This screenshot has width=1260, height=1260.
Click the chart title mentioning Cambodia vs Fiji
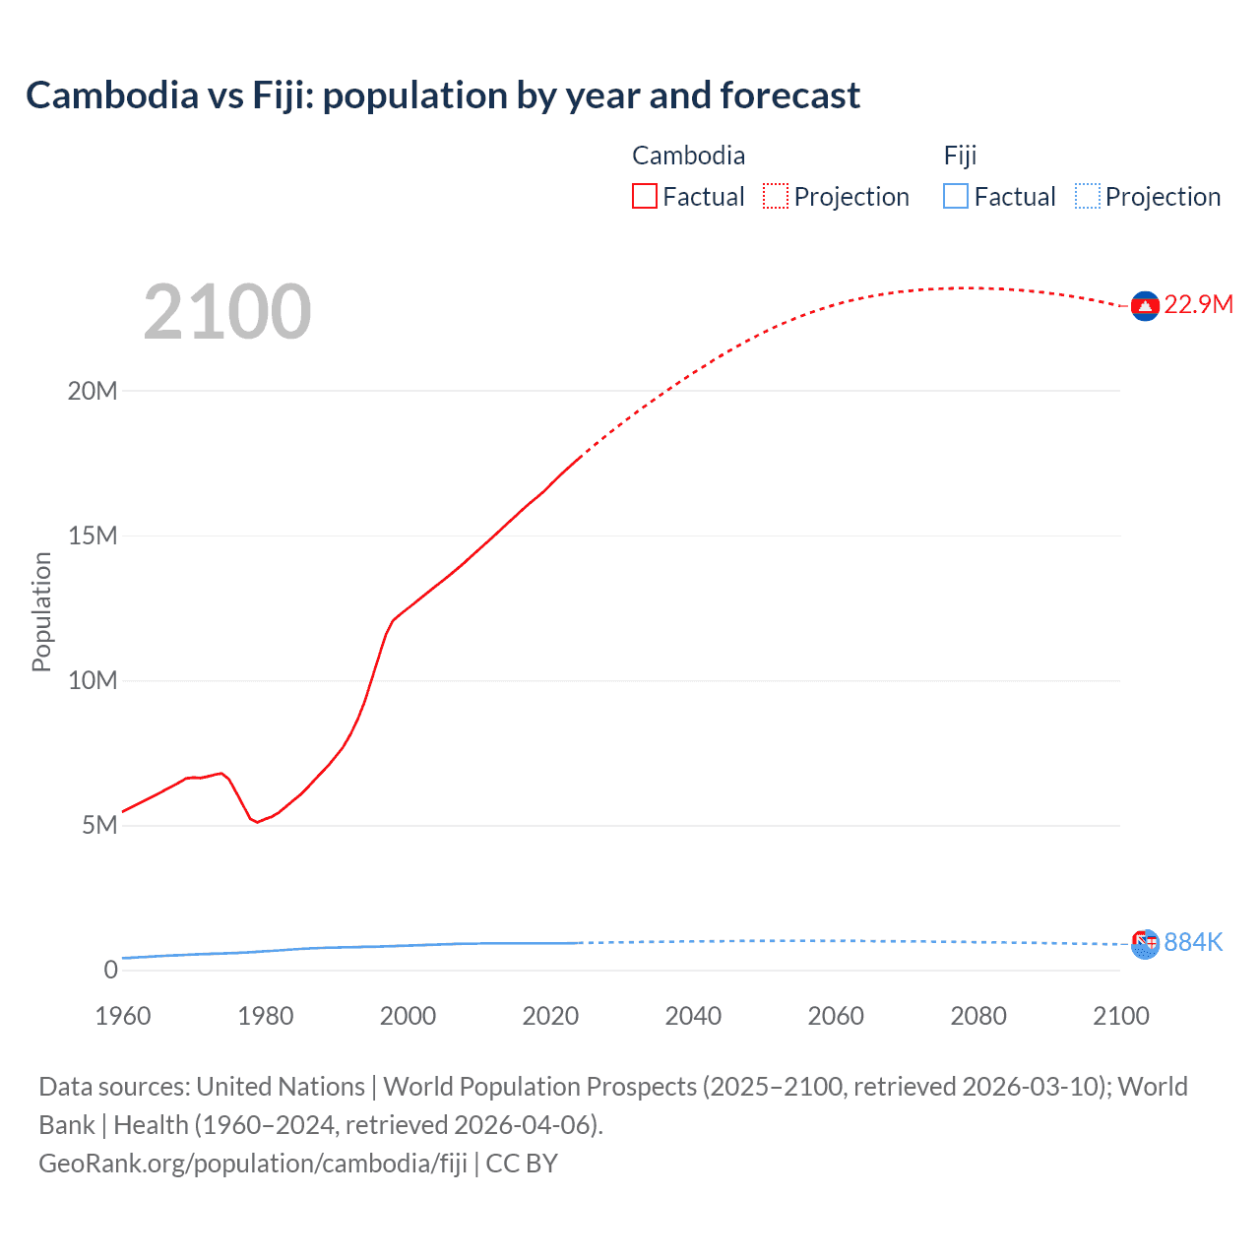click(x=443, y=95)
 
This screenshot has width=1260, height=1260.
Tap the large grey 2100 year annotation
click(x=227, y=312)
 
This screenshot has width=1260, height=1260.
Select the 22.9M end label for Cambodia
click(x=1198, y=304)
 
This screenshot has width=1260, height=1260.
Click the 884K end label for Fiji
click(x=1193, y=942)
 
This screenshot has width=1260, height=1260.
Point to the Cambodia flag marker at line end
click(x=1145, y=307)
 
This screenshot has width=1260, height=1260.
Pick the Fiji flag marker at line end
click(x=1145, y=945)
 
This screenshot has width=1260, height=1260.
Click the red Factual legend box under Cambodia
click(x=645, y=196)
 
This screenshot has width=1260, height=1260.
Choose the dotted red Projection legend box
click(x=776, y=196)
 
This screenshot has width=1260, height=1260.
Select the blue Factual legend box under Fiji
click(x=956, y=196)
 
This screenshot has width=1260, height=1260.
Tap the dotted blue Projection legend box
click(x=1087, y=196)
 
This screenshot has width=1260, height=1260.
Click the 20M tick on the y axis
click(x=93, y=391)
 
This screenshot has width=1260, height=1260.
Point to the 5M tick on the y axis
click(x=99, y=825)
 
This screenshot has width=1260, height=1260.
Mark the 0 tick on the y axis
click(x=110, y=970)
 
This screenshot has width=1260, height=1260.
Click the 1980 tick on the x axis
click(x=266, y=1016)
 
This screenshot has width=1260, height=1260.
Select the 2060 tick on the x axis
click(x=836, y=1016)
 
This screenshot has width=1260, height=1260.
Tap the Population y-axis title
click(x=41, y=611)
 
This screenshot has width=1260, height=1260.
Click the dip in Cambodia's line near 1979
click(x=257, y=822)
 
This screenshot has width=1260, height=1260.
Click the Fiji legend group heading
click(x=960, y=156)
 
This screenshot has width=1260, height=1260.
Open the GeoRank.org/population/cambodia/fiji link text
click(x=253, y=1164)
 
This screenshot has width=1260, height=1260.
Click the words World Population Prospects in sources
click(x=540, y=1087)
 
